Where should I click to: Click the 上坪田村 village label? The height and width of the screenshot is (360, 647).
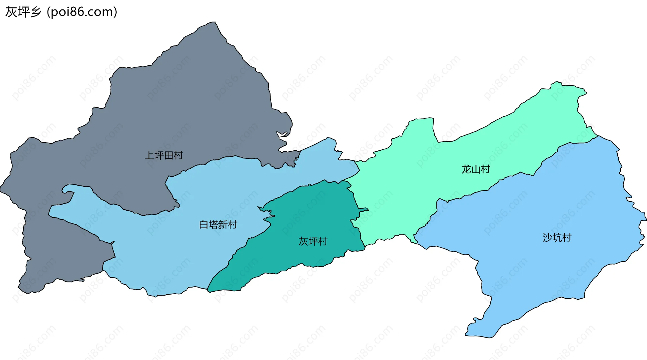pyautogui.click(x=164, y=155)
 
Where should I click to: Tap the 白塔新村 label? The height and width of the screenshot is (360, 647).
pyautogui.click(x=218, y=224)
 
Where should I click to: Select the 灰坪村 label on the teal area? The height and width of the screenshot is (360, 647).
pyautogui.click(x=313, y=241)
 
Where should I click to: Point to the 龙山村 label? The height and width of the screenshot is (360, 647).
pyautogui.click(x=475, y=169)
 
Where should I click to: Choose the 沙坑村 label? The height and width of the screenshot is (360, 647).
pyautogui.click(x=557, y=238)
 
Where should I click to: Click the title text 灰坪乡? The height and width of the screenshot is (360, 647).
pyautogui.click(x=23, y=12)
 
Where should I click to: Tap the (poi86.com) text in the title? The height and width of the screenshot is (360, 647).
pyautogui.click(x=82, y=12)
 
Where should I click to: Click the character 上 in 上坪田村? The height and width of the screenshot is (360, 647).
pyautogui.click(x=149, y=155)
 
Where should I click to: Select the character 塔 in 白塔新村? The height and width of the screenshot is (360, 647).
pyautogui.click(x=213, y=224)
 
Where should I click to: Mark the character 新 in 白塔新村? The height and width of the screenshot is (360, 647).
pyautogui.click(x=223, y=224)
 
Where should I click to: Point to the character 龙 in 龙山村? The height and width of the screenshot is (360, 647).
pyautogui.click(x=466, y=169)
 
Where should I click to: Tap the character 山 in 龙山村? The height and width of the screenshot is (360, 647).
pyautogui.click(x=475, y=169)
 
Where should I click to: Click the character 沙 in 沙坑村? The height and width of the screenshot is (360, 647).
pyautogui.click(x=547, y=238)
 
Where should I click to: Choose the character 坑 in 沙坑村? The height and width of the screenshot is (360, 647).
pyautogui.click(x=557, y=238)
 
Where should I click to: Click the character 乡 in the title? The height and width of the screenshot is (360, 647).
pyautogui.click(x=35, y=12)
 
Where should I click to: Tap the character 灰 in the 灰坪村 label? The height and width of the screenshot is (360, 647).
pyautogui.click(x=303, y=241)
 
